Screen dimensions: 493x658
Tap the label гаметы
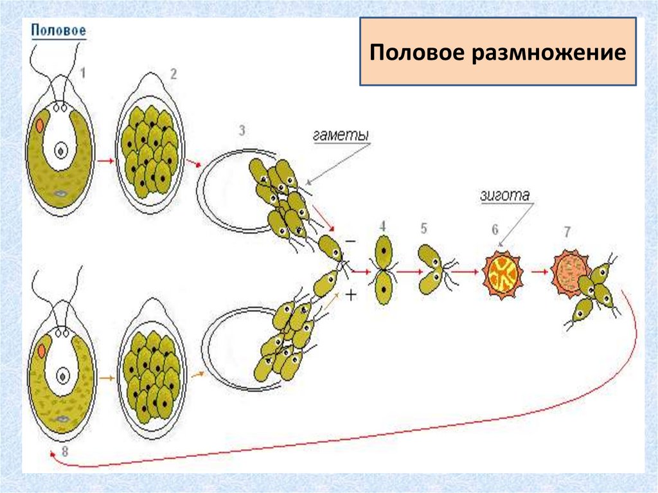[x=341, y=136]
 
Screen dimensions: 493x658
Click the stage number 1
[x=82, y=73]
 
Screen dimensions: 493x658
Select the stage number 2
[x=173, y=73]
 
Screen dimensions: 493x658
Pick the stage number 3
[x=242, y=130]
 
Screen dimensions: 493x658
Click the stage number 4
[x=383, y=226]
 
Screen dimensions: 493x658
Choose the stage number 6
[x=495, y=229]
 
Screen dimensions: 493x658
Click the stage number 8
[x=64, y=451]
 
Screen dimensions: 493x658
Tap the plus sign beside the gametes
[x=351, y=296]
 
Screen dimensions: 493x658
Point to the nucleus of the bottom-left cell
[x=62, y=375]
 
